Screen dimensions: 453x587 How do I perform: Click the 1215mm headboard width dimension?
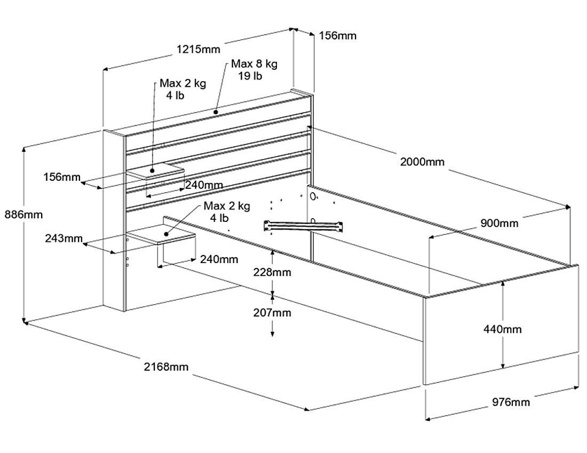tap(198, 49)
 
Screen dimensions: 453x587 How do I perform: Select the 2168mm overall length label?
tap(165, 367)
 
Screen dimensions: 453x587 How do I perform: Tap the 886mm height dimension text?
tap(23, 214)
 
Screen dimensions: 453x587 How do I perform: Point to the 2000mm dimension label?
tap(422, 162)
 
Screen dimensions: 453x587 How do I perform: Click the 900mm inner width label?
tap(499, 223)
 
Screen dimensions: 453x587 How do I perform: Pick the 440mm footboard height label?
tap(502, 329)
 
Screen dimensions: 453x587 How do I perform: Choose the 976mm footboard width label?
tap(511, 402)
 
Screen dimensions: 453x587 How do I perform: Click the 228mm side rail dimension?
tap(272, 272)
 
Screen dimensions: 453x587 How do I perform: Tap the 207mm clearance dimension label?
tap(272, 313)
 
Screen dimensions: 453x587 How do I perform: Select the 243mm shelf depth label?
tap(64, 238)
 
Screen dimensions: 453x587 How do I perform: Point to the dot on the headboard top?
tap(215, 112)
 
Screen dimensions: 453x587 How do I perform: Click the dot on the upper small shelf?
tap(152, 171)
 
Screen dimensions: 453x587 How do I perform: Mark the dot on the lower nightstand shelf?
tap(166, 234)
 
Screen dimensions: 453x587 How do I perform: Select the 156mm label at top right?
tap(337, 36)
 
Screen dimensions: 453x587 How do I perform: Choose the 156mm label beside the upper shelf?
tap(61, 177)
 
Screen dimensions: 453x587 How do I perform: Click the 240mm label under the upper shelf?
tap(204, 185)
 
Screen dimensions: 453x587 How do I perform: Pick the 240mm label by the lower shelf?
tap(219, 259)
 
